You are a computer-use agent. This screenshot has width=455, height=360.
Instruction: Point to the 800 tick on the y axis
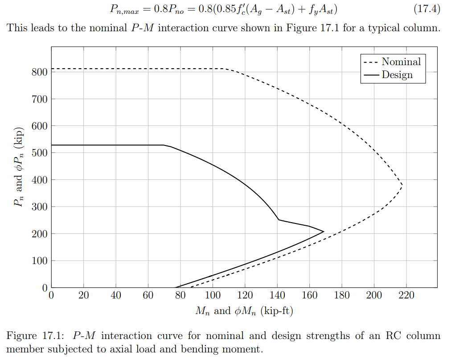[40, 72]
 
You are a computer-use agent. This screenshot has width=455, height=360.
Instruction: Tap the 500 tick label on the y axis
[40, 153]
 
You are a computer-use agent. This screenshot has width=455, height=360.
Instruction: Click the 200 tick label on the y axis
[40, 234]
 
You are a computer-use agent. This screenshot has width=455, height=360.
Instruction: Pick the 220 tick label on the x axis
[406, 295]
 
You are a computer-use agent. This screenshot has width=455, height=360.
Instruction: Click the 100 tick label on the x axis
[213, 295]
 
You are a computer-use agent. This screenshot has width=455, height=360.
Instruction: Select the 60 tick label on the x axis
[148, 295]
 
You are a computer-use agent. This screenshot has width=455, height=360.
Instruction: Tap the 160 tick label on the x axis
[309, 295]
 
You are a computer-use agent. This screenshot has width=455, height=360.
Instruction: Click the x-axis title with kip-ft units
[244, 310]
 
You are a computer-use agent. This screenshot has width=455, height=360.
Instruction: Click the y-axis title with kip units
[18, 172]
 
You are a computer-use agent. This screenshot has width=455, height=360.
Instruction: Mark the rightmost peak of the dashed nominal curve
[402, 185]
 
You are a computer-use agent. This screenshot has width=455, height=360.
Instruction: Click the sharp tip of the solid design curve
[324, 232]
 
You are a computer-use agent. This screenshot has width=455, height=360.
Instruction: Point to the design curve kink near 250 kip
[279, 219]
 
